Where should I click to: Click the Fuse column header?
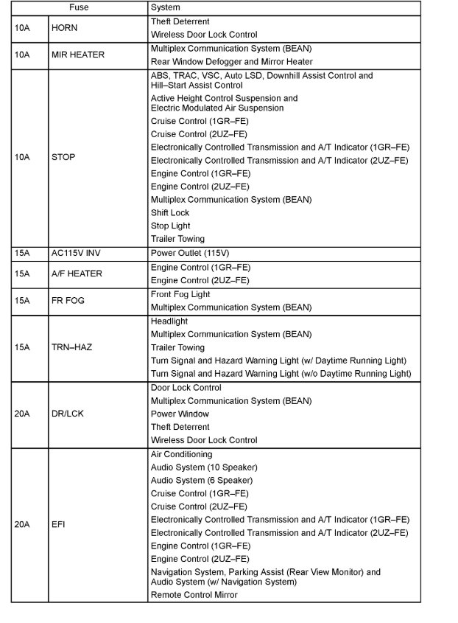coord(79,7)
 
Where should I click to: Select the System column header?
coord(165,7)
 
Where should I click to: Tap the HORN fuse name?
coord(64,28)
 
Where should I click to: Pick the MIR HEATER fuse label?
coord(78,55)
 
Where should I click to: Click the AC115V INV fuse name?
coord(76,253)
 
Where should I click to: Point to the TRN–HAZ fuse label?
coord(71,347)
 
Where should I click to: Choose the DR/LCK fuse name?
coord(68,414)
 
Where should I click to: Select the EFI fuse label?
coord(58,525)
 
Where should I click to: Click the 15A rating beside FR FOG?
coord(21,301)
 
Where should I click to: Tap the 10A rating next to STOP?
coord(21,157)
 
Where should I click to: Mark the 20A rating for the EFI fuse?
coord(22,525)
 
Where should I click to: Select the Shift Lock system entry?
coord(170,213)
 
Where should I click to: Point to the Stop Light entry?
coord(170,226)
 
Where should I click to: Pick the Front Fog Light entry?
coord(180,294)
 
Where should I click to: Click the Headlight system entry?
coord(169,321)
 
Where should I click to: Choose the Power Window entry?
coord(180,414)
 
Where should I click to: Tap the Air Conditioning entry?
coord(181,454)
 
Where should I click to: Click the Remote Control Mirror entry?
coord(194,594)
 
